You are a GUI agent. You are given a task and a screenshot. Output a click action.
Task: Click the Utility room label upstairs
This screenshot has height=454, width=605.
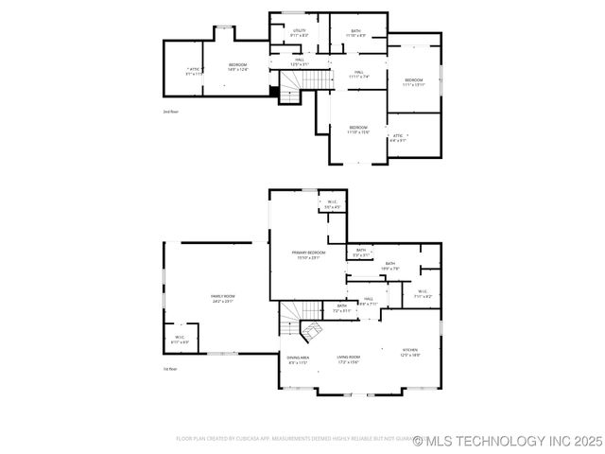(299, 32)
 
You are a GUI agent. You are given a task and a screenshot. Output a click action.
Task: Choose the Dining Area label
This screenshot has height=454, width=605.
(298, 358)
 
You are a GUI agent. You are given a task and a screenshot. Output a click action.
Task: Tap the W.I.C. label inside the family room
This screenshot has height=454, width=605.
(180, 339)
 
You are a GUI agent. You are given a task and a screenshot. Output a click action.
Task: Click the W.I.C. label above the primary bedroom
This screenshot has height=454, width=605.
(332, 203)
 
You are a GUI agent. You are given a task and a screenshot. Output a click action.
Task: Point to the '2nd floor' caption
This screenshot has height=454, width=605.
(170, 111)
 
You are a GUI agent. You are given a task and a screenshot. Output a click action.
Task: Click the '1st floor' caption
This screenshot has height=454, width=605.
(170, 369)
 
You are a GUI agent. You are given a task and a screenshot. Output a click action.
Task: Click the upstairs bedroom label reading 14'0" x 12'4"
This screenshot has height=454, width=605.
(237, 66)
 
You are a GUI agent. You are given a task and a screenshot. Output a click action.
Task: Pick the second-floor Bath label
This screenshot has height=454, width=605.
(355, 32)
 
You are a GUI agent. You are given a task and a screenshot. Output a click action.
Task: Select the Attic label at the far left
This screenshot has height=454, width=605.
(194, 70)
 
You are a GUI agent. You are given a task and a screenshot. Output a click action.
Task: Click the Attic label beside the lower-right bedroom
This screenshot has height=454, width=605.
(398, 137)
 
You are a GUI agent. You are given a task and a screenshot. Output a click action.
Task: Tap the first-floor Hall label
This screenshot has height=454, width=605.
(368, 300)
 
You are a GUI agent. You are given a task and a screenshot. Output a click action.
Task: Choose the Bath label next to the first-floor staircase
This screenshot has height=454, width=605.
(341, 307)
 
